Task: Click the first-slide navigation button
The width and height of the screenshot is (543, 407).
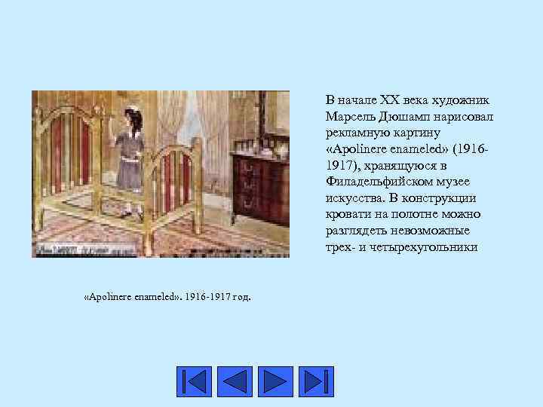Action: coord(194,381)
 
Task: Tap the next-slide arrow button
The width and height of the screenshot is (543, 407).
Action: coord(275,381)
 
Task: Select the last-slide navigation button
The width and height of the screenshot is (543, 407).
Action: coord(316,381)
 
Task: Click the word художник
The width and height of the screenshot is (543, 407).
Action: coord(459,99)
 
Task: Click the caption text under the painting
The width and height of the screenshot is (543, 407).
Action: coord(167,295)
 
